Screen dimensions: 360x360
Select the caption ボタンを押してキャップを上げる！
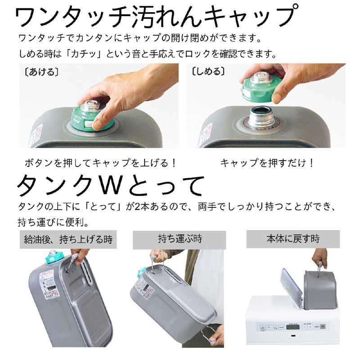(x=100, y=163)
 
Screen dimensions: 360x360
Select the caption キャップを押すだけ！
(x=267, y=163)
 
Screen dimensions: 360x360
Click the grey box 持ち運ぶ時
(x=179, y=239)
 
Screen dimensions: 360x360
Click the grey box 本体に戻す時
(x=292, y=239)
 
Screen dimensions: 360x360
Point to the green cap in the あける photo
(x=92, y=118)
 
